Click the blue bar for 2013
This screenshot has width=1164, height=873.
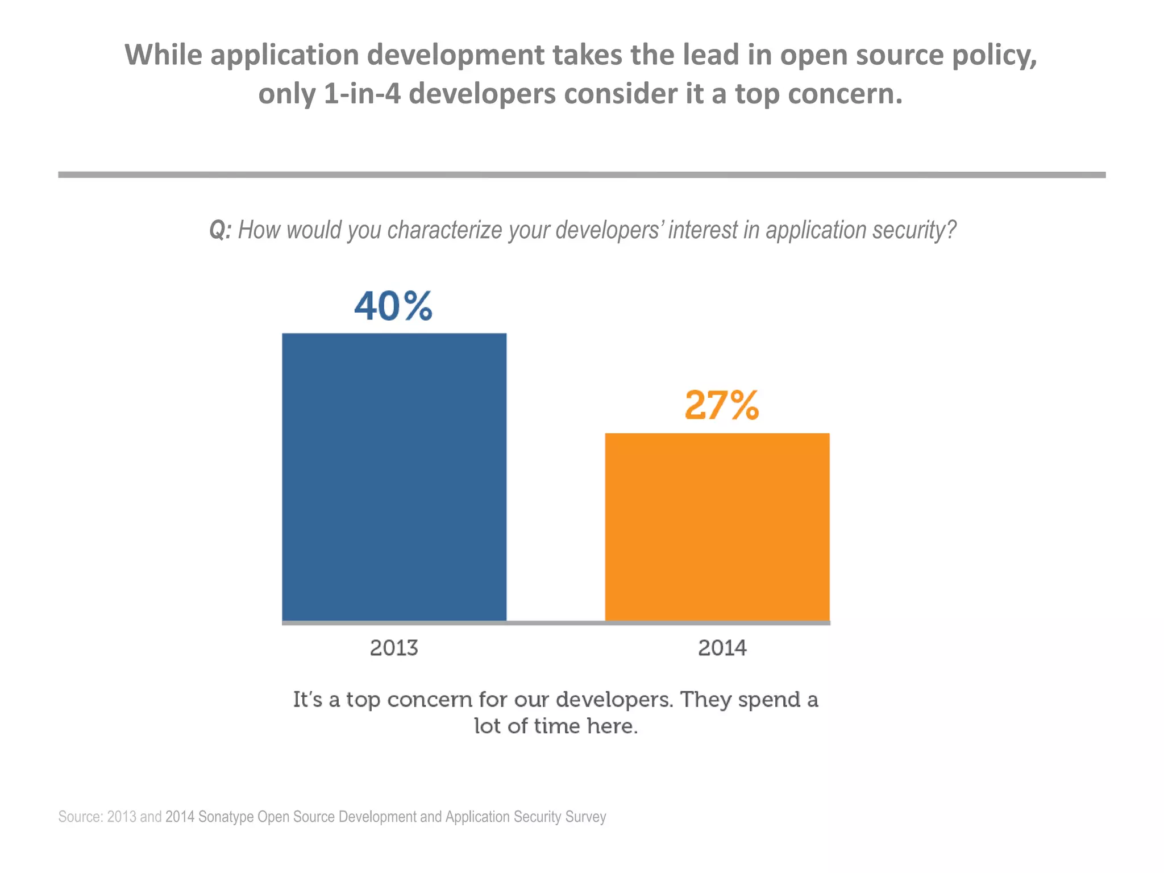[x=394, y=477]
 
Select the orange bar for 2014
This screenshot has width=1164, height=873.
[x=717, y=527]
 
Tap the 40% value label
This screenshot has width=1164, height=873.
[x=393, y=306]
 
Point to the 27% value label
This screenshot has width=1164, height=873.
[x=721, y=405]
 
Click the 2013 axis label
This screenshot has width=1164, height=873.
[x=394, y=648]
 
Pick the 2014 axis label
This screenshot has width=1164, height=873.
[x=722, y=648]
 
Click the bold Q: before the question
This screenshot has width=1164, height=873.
[x=220, y=230]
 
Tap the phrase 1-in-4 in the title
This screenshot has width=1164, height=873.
[x=361, y=94]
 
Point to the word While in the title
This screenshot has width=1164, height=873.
[x=163, y=55]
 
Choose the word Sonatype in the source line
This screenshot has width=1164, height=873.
[x=226, y=817]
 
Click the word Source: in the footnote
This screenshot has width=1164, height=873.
[x=80, y=817]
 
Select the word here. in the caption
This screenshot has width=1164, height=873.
[x=613, y=726]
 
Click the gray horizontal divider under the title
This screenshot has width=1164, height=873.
[x=581, y=175]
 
